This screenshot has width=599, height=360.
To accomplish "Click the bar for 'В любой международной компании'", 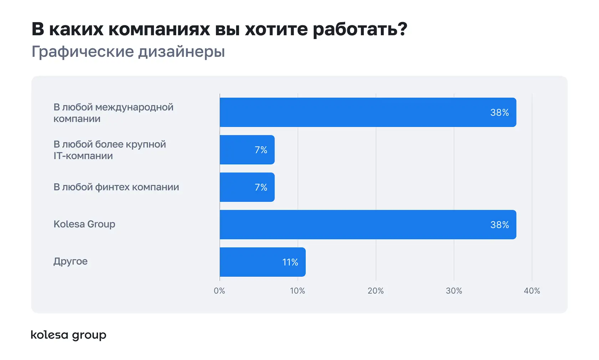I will coord(367,112).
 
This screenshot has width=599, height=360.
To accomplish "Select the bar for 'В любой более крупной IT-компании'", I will coord(247,150).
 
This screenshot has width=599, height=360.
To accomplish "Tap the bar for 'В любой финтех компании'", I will coord(247,187).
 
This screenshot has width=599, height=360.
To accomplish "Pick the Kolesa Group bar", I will coord(367,225).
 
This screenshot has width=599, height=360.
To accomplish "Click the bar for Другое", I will coord(262,262).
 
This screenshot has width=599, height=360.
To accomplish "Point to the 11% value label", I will coord(290,262).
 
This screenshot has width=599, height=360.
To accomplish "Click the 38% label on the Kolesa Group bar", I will coord(499,225).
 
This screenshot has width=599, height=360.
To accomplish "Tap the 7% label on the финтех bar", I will coord(261,187).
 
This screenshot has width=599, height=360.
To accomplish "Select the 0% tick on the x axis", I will coord(219,291).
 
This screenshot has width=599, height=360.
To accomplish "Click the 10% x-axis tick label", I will coord(297,291).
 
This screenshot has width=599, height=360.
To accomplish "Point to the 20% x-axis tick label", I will coord(375,291).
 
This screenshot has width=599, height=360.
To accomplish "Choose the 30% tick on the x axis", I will coord(454,291).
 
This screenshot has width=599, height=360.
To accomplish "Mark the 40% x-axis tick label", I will coord(532,291).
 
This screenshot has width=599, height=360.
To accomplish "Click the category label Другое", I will coord(70,261).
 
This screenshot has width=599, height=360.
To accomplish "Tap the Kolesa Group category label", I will coord(84,224).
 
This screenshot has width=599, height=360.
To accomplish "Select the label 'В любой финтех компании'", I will coord(116,187).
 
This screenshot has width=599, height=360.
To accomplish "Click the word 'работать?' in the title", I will coord(360,29).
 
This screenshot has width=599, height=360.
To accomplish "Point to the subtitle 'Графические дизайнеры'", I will coord(128,52).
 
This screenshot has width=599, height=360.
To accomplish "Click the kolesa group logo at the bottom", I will coord(68,335).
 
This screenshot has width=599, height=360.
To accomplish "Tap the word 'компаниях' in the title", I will coord(159,29).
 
